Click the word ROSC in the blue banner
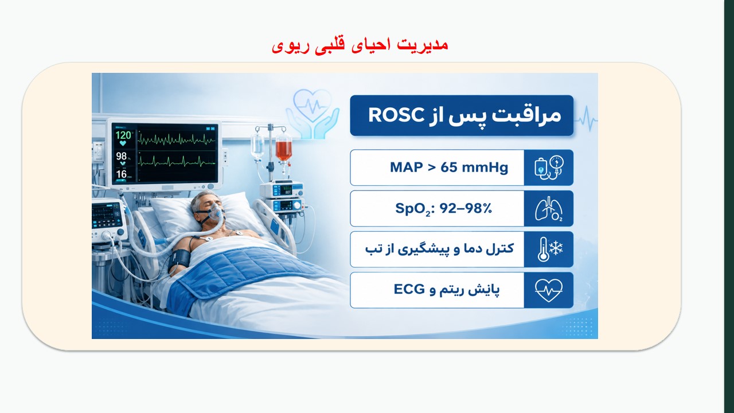(x=396, y=115)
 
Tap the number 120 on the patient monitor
(x=123, y=135)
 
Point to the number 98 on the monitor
(x=121, y=156)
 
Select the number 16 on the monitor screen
(x=121, y=174)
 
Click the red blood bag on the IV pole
(x=283, y=148)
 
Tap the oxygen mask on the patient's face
(x=216, y=212)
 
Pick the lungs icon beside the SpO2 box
(x=549, y=208)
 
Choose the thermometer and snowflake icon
(x=549, y=249)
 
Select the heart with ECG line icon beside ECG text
(x=549, y=290)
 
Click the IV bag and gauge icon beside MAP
(x=549, y=167)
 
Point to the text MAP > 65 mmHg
(x=449, y=167)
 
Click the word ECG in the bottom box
(x=409, y=289)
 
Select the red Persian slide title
(x=360, y=46)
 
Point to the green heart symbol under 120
(x=123, y=143)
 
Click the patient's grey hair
(x=201, y=201)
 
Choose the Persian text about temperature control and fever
(x=439, y=249)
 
